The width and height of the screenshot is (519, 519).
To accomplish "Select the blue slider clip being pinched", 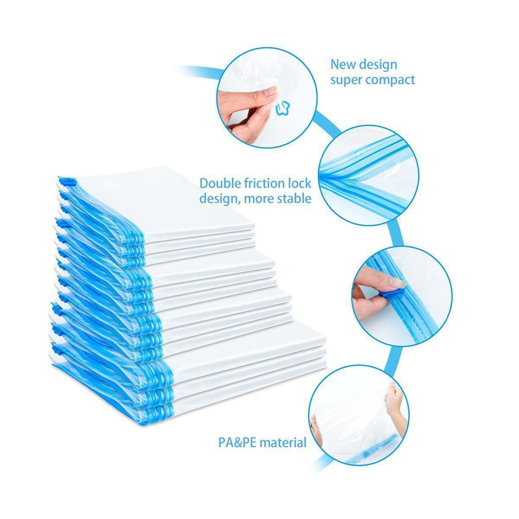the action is pyautogui.click(x=394, y=294).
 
